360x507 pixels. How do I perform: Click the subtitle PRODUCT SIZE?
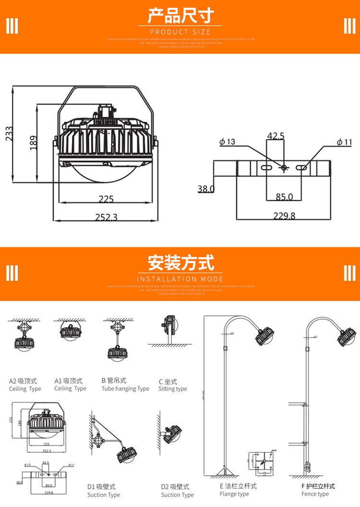180,32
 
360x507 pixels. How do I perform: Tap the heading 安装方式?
180,263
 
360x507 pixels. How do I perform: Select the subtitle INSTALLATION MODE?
180,279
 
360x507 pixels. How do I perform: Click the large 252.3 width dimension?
106,217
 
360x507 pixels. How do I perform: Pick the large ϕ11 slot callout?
344,142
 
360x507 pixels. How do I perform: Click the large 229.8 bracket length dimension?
284,216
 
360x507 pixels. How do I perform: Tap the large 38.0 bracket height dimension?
206,189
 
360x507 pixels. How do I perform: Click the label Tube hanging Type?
125,389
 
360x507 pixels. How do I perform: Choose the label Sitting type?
173,389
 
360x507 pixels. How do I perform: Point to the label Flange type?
234,494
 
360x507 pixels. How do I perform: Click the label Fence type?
315,494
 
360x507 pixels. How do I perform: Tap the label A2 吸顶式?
23,381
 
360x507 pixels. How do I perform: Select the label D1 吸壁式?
101,487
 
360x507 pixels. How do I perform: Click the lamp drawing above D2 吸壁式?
172,434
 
